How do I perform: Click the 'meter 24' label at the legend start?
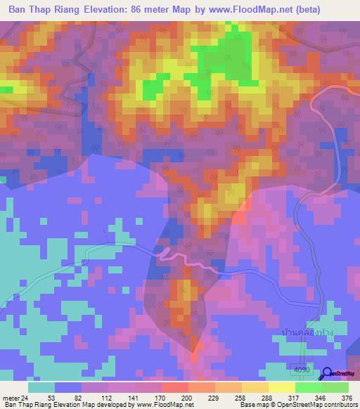pyautogui.click(x=15, y=398)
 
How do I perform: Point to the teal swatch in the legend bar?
pyautogui.click(x=41, y=387)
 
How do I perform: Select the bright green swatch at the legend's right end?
pyautogui.click(x=335, y=387)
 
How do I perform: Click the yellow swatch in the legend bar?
pyautogui.click(x=281, y=387)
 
